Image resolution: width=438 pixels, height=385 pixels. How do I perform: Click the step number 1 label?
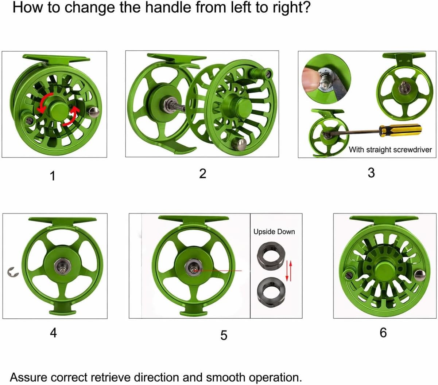pyautogui.click(x=53, y=176)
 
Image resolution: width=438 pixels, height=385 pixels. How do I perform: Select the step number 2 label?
pyautogui.click(x=202, y=173)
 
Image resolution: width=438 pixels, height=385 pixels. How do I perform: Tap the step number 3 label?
pyautogui.click(x=371, y=173)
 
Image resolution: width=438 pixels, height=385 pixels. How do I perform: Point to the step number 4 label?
pyautogui.click(x=53, y=333)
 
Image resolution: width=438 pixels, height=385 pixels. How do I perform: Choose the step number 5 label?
pyautogui.click(x=224, y=335)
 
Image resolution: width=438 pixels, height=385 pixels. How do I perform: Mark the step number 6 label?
pyautogui.click(x=383, y=333)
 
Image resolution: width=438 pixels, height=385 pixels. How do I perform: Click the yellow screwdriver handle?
pyautogui.click(x=400, y=130)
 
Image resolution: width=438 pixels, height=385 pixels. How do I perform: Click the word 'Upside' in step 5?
pyautogui.click(x=264, y=232)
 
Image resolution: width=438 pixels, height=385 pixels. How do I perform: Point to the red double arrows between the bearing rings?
pyautogui.click(x=289, y=271)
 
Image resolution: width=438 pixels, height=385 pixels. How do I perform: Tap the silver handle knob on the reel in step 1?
pyautogui.click(x=94, y=112)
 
